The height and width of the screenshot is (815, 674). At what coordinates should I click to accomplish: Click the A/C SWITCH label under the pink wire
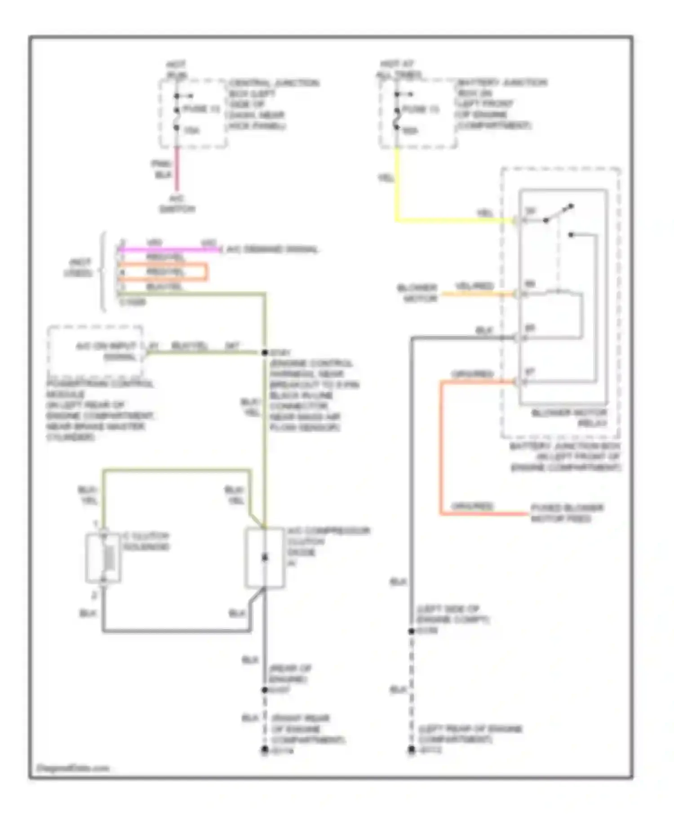177,204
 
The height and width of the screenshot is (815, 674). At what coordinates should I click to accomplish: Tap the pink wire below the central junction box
177,168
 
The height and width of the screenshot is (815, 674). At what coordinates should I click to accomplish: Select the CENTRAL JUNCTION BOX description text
273,105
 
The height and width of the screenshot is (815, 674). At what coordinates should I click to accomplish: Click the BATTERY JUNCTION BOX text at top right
501,104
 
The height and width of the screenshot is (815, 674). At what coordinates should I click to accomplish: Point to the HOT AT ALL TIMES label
398,69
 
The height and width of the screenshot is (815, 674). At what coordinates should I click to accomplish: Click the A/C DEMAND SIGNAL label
272,249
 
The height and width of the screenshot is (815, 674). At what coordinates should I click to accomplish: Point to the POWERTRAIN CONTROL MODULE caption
100,410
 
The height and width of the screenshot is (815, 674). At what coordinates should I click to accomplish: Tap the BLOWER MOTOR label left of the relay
417,292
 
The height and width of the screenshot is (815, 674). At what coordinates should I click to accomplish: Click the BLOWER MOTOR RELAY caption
569,418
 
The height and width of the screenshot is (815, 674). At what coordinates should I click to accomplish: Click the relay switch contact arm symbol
559,213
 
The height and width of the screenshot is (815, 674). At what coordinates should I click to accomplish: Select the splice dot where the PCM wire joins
265,353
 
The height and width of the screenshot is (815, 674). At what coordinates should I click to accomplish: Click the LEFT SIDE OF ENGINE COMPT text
452,614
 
